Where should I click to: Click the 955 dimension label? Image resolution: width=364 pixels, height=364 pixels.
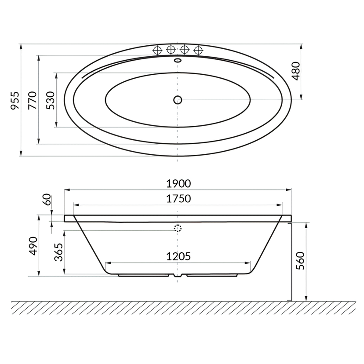[x=15, y=100]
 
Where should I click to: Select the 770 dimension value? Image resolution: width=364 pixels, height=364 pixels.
[x=32, y=100]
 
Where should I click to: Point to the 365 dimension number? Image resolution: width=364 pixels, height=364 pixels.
[x=59, y=253]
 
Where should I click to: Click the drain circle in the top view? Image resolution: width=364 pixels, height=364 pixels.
[x=178, y=100]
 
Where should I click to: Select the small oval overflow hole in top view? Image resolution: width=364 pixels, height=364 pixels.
[x=178, y=60]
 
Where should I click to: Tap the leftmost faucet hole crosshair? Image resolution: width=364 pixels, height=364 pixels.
[x=157, y=50]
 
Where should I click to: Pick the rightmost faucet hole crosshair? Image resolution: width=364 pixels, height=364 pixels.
[x=198, y=49]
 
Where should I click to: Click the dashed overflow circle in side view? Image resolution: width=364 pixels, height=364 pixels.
[x=178, y=229]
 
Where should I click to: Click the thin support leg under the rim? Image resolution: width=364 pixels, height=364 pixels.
[x=290, y=262]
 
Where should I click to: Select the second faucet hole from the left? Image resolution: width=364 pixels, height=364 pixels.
[x=171, y=49]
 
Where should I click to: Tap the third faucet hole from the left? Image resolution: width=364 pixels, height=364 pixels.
[x=185, y=49]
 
